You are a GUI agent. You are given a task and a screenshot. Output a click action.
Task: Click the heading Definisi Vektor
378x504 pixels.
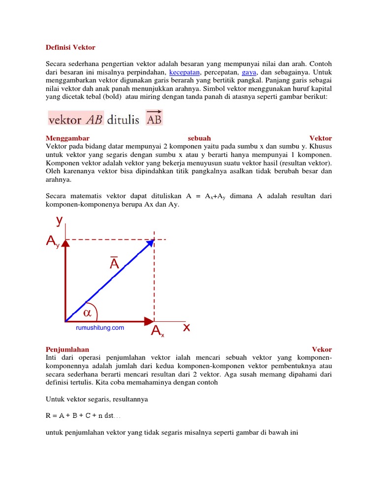click(70, 48)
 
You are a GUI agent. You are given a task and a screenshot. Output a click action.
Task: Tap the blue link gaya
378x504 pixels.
click(250, 72)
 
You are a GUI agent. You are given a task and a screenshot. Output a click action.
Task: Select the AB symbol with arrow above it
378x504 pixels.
click(154, 118)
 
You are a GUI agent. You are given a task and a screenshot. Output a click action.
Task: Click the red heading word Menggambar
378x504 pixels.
click(67, 138)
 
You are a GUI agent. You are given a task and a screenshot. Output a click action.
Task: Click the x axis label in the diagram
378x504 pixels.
click(187, 327)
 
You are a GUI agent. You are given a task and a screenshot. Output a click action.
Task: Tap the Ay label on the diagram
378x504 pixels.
click(52, 241)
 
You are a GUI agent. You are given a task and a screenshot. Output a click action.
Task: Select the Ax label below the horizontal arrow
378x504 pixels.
click(157, 332)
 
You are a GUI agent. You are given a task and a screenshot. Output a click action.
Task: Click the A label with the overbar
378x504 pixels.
click(114, 263)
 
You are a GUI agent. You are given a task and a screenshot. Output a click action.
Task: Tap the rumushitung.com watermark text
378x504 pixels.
click(99, 328)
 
